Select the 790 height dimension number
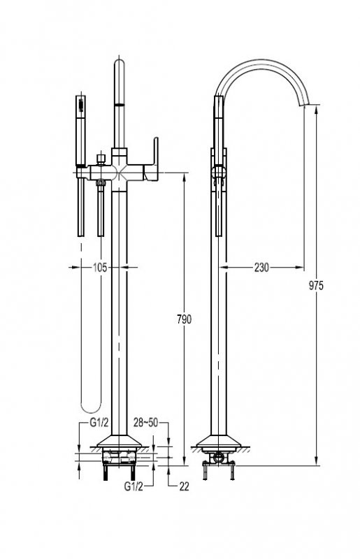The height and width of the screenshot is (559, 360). click(x=185, y=319)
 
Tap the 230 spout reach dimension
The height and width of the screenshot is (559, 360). click(x=262, y=266)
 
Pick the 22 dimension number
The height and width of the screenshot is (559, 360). click(x=184, y=486)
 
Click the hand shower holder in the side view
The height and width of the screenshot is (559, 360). click(x=219, y=170)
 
